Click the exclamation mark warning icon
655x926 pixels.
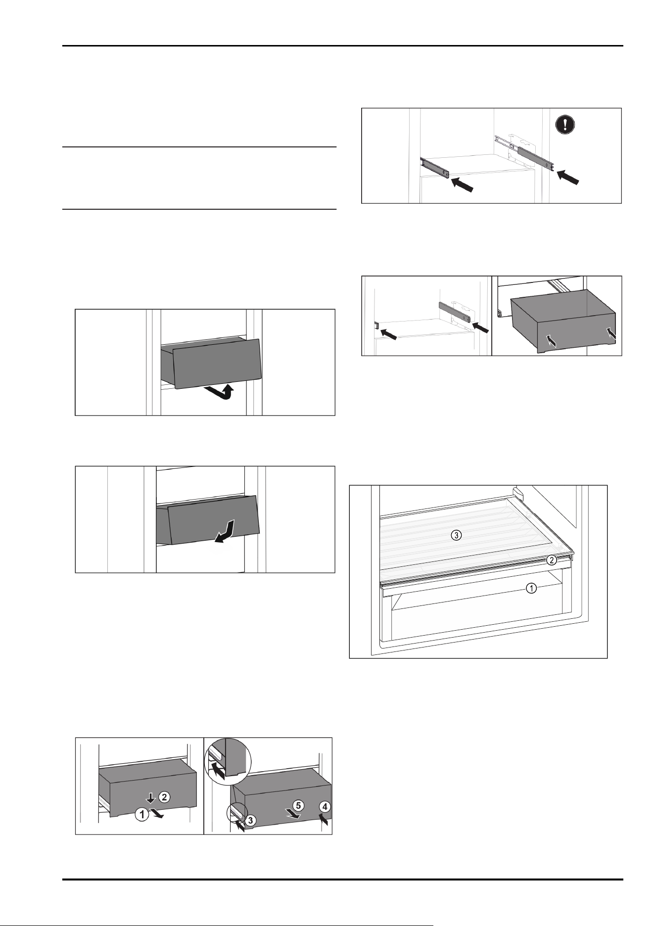tap(565, 124)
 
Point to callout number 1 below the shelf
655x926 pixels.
tap(531, 588)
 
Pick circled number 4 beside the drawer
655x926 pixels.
tap(325, 806)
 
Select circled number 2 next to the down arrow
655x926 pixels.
tap(165, 796)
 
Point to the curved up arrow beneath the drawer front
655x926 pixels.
tap(221, 393)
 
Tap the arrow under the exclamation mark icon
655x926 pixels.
tap(567, 177)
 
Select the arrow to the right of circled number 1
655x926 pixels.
tap(157, 814)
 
